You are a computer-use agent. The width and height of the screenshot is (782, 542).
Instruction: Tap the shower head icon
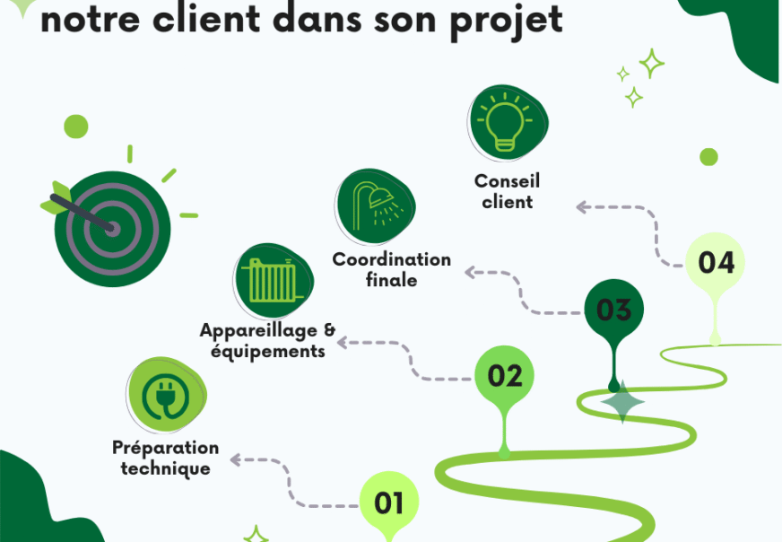coord(377,205)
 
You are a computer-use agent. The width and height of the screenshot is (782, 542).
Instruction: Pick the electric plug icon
coord(167,396)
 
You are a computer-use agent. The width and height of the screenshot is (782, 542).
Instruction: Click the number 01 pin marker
coord(389,503)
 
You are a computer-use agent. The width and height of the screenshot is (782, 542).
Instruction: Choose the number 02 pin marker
coord(505,375)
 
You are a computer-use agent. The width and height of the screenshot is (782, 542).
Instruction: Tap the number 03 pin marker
coord(614,310)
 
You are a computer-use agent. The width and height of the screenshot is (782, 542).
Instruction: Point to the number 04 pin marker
coord(716,262)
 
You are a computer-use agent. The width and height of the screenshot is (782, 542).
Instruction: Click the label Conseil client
coord(508,192)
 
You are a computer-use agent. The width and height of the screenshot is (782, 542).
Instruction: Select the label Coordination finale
coord(392,269)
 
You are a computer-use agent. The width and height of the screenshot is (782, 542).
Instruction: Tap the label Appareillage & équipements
coord(267,341)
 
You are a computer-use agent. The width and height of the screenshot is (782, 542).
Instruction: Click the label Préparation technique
coord(166,458)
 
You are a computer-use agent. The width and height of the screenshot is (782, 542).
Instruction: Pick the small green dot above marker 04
coord(708,157)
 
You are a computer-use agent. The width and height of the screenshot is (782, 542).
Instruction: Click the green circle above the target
coord(77,127)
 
